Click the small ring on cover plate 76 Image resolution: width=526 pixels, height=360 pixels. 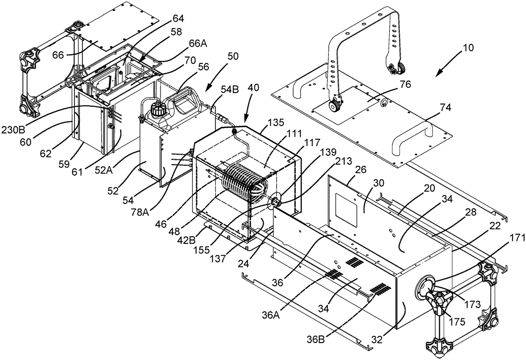[383, 103]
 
